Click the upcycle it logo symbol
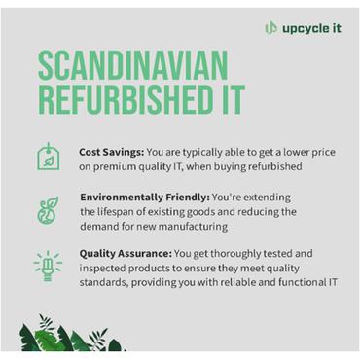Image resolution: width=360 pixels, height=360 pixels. [x=271, y=27]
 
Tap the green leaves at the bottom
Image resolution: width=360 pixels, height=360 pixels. [x=68, y=335]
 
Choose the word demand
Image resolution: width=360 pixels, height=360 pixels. [x=103, y=226]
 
